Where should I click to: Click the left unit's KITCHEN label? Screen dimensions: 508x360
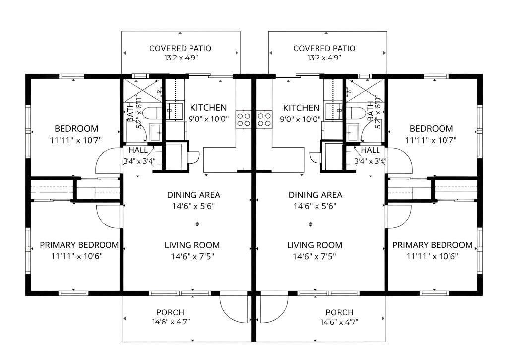tap(208, 108)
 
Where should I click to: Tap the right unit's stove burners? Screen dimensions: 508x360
tap(264, 119)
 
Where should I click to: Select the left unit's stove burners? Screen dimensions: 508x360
tap(243, 119)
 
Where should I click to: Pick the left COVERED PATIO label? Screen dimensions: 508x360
tap(180, 48)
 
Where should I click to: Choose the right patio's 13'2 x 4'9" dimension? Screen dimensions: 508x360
tap(324, 58)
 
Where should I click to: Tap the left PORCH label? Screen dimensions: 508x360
tap(170, 312)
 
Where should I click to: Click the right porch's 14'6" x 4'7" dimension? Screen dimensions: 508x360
tap(339, 322)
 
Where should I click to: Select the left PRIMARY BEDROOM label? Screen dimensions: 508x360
tap(79, 245)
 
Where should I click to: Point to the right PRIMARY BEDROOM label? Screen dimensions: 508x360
tap(433, 245)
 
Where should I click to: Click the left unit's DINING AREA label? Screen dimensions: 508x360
tap(193, 195)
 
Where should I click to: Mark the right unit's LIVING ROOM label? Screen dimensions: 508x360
tap(315, 245)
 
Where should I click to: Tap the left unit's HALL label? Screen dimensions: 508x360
tap(138, 150)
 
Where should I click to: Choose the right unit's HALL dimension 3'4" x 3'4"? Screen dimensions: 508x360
tap(370, 161)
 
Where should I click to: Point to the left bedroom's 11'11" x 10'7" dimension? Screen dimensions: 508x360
tap(76, 140)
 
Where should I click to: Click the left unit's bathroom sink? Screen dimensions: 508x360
tap(155, 132)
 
